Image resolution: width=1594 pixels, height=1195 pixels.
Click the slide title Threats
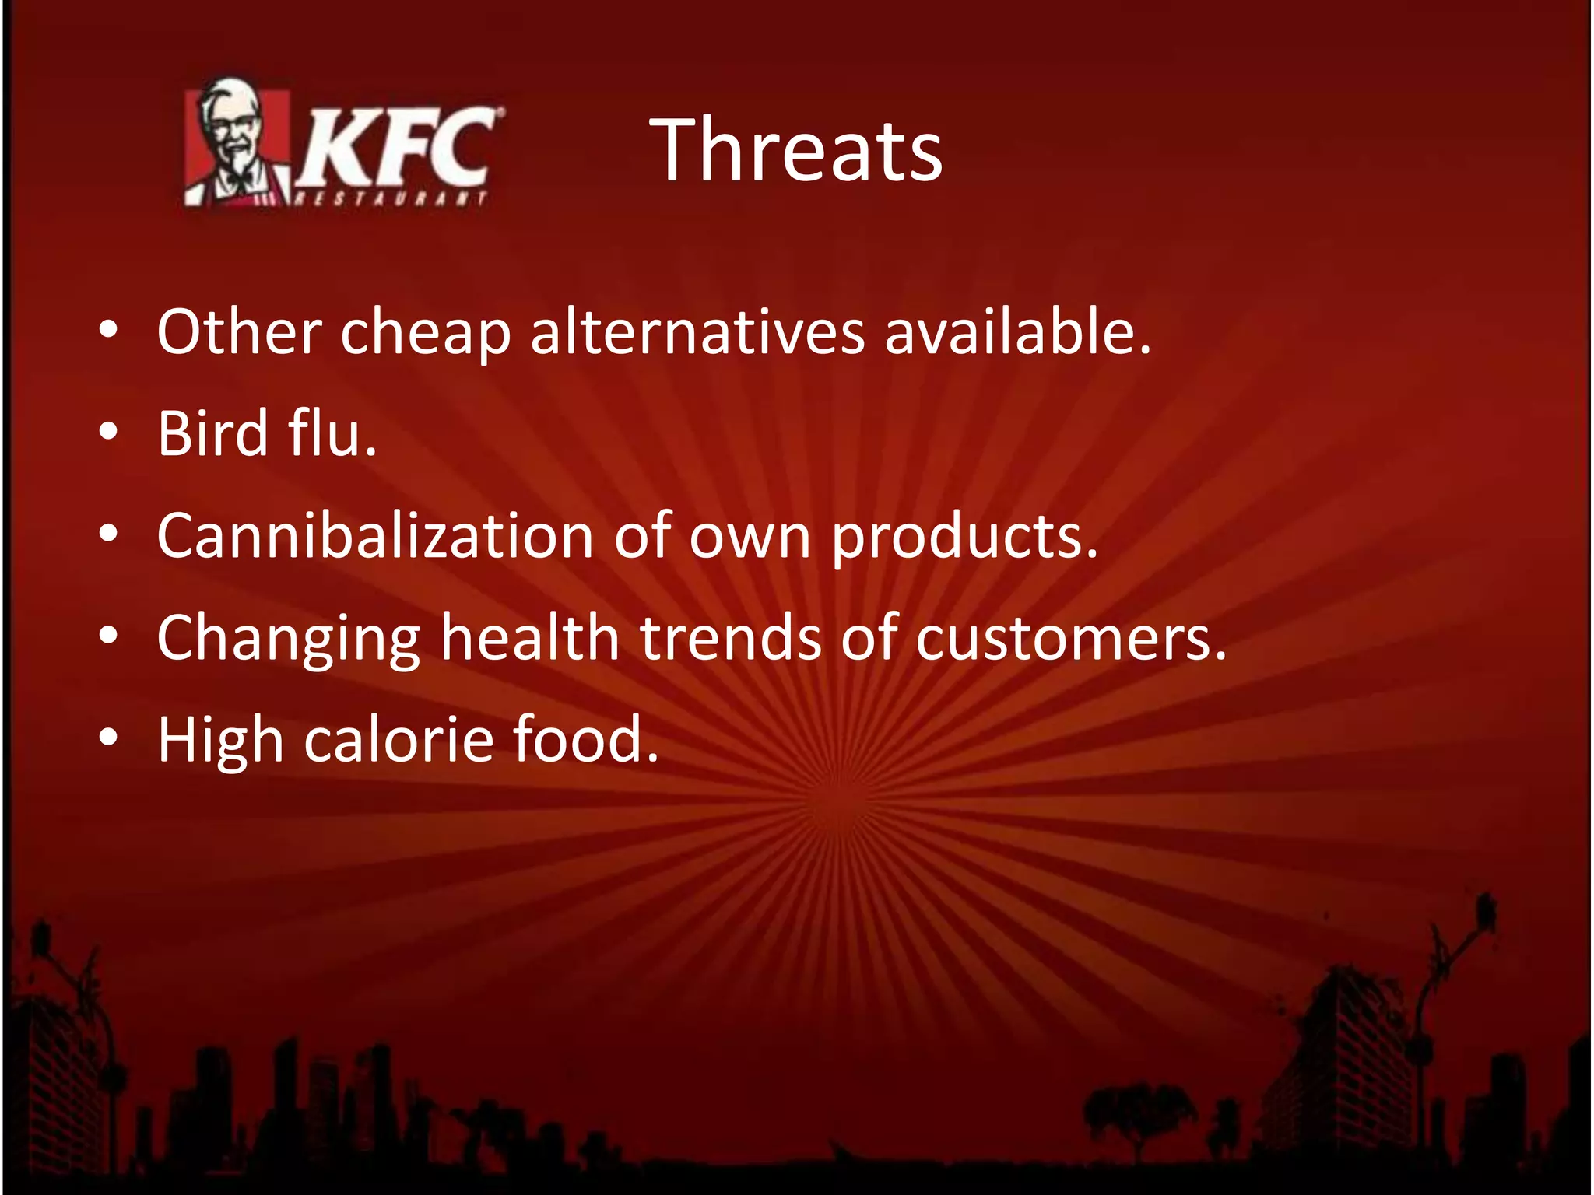(x=795, y=150)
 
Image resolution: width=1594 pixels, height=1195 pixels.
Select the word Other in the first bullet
(x=239, y=332)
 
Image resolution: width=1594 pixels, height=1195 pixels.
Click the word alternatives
(x=697, y=332)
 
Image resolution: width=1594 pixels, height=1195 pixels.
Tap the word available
(x=1016, y=332)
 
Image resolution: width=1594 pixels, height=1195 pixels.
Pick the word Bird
(x=212, y=433)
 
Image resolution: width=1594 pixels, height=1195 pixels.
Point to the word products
(x=964, y=538)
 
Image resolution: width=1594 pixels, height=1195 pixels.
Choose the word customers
(x=1070, y=639)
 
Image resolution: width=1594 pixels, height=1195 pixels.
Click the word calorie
(x=398, y=740)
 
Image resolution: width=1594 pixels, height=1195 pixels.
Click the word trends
(x=730, y=637)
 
